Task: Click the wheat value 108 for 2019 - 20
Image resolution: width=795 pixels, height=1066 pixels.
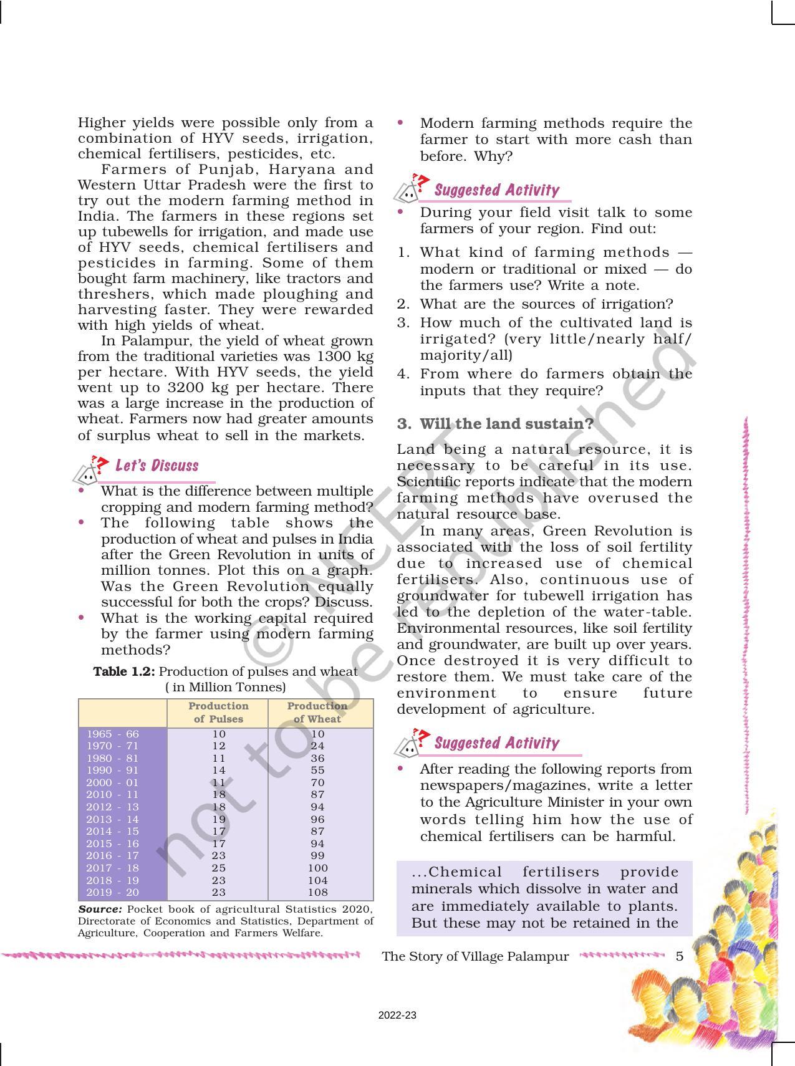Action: pos(317,892)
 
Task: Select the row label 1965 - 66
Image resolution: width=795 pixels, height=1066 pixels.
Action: pos(113,734)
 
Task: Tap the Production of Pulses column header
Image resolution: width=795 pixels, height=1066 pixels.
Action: pos(218,713)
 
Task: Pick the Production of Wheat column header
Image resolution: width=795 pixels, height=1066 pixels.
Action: pos(317,713)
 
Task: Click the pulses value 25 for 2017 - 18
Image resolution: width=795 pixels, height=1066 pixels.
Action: pos(218,868)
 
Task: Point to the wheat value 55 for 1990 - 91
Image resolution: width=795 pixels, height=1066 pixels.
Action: pos(317,771)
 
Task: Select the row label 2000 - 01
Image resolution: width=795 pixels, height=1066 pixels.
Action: pos(113,782)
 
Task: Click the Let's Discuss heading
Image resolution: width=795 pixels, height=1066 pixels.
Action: pos(157,466)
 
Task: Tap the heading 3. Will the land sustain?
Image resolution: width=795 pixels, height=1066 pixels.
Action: pos(496,424)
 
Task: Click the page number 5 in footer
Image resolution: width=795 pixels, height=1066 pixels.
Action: pos(680,956)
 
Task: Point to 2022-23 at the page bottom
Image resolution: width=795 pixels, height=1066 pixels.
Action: pos(397,1016)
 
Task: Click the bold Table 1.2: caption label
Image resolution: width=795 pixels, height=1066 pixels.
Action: pos(124,671)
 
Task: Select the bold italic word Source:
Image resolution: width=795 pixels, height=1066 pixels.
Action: pos(100,909)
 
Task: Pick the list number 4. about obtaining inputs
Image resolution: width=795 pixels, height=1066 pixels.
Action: pos(403,374)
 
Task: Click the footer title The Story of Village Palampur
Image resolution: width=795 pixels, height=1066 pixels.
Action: pos(475,956)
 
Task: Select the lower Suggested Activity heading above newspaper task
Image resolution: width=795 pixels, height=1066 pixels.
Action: pos(496,743)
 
